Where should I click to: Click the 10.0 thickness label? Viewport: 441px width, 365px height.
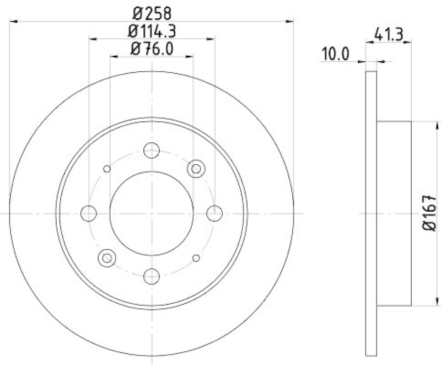336,54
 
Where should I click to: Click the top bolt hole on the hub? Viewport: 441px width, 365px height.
151,150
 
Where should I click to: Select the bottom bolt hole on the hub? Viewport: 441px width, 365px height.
151,275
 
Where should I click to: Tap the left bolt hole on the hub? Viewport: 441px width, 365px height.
88,213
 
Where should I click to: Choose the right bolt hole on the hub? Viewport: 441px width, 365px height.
214,213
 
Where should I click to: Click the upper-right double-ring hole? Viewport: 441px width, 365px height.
195,169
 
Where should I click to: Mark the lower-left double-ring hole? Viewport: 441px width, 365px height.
106,257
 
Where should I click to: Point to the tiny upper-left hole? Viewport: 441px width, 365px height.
107,169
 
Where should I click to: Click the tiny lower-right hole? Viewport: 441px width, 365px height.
196,257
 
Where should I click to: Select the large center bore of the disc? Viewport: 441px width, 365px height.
151,213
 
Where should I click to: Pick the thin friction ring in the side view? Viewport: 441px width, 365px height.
372,213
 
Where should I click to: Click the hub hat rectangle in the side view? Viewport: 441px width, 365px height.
394,213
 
